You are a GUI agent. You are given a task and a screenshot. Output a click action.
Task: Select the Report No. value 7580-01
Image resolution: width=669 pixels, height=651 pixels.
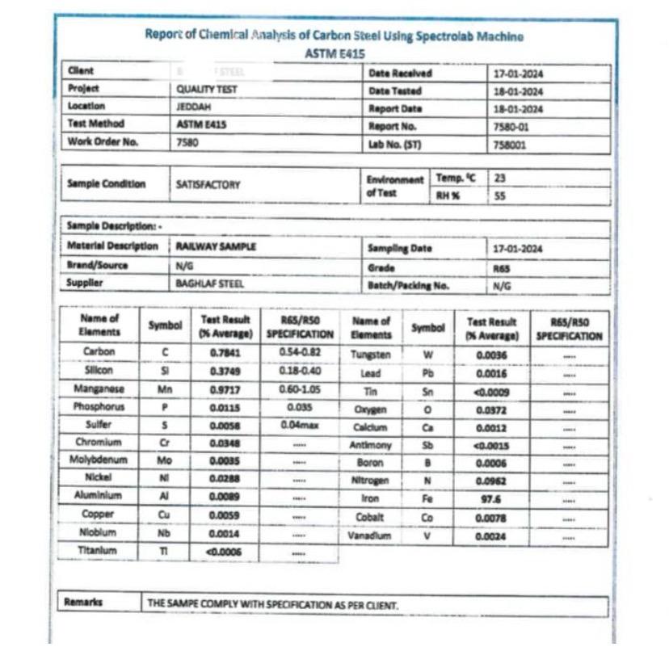511,126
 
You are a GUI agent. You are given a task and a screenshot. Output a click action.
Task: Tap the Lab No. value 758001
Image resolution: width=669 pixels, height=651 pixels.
509,144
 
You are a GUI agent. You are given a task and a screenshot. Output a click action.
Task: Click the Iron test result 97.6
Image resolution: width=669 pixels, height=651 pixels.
490,500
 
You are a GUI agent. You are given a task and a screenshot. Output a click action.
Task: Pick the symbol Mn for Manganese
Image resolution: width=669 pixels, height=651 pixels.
166,389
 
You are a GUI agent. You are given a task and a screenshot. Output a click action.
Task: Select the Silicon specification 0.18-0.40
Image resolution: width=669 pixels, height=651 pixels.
299,372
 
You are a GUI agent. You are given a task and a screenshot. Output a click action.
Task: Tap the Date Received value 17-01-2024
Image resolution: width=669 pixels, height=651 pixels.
518,73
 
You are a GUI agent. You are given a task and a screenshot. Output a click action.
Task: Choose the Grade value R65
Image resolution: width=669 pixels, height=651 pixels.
501,268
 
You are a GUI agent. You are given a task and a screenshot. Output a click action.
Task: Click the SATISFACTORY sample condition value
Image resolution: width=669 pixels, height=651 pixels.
208,185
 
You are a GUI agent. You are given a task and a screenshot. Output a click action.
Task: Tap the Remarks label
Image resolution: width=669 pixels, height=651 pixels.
83,603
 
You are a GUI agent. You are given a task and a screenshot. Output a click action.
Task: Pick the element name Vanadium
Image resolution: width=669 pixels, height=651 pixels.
370,536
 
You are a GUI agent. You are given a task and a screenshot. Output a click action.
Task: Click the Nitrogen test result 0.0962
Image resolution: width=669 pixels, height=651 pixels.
490,481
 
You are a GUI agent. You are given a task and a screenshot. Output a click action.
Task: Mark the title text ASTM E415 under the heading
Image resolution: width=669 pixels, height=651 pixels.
334,53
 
